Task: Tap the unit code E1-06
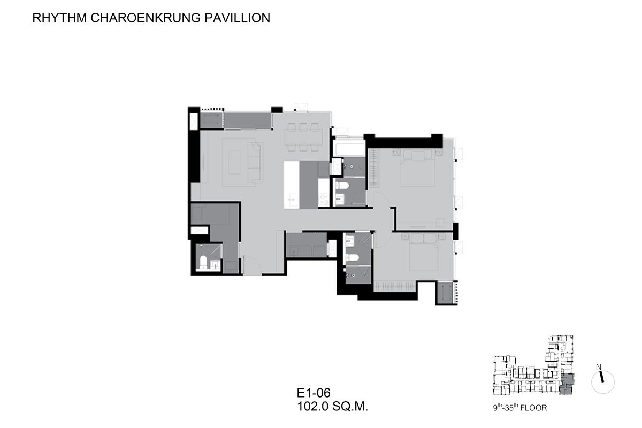(x=314, y=393)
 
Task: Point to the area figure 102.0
(x=312, y=406)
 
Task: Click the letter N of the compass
(x=599, y=366)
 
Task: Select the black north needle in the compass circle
(x=601, y=377)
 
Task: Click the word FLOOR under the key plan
(x=533, y=408)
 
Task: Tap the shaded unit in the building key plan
(x=567, y=384)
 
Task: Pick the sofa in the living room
(x=255, y=162)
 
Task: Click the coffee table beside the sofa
(x=234, y=162)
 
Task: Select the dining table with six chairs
(x=303, y=137)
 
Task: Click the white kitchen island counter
(x=292, y=185)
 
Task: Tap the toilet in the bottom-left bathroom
(x=203, y=262)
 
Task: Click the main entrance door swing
(x=252, y=265)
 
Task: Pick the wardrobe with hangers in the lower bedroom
(x=395, y=286)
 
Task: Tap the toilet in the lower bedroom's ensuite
(x=352, y=258)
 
